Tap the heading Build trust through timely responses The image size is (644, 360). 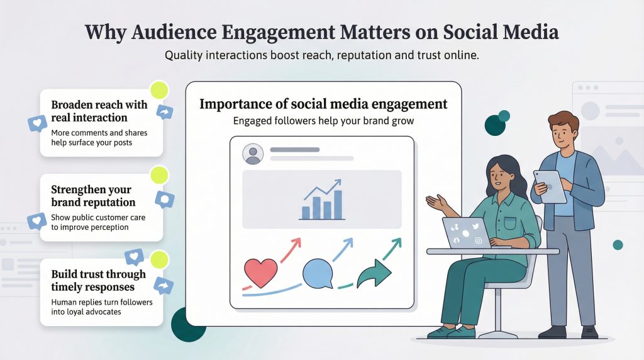pyautogui.click(x=98, y=281)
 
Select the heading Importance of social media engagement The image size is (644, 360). pyautogui.click(x=323, y=104)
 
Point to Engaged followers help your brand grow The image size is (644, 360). pyautogui.click(x=323, y=121)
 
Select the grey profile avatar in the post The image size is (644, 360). pyautogui.click(x=253, y=154)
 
